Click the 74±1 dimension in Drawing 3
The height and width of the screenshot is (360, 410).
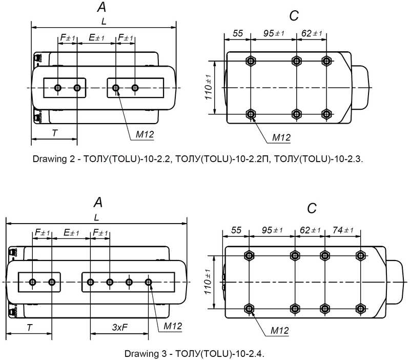click(x=343, y=230)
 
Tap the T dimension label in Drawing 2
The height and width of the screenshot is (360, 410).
click(x=55, y=132)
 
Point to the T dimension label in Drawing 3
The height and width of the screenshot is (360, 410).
click(x=30, y=327)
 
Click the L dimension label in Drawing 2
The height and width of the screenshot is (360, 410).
click(x=105, y=21)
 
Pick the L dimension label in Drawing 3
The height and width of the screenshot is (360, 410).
click(x=97, y=217)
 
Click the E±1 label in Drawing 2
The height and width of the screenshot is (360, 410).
click(x=96, y=38)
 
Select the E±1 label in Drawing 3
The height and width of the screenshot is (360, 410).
click(x=72, y=233)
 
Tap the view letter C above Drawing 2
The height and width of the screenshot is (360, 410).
click(x=294, y=16)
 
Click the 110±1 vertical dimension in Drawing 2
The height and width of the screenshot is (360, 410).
click(x=209, y=87)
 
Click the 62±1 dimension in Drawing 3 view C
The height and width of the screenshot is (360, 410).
click(x=310, y=230)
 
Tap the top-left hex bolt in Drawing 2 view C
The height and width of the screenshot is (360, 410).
click(x=251, y=61)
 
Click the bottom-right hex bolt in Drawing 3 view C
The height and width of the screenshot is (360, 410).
click(x=360, y=308)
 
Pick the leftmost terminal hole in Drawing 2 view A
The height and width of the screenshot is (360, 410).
click(x=58, y=88)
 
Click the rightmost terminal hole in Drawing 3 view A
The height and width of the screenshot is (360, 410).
click(x=148, y=282)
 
